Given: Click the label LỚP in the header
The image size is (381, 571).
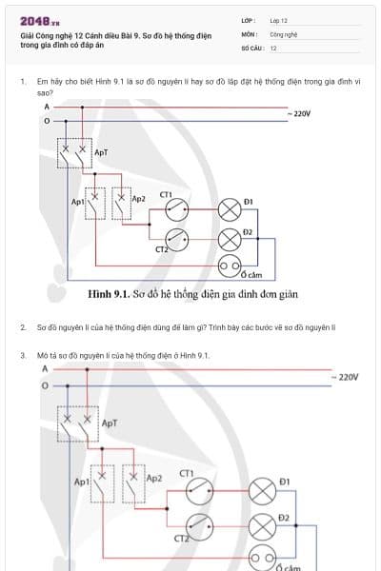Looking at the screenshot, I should tap(247, 19).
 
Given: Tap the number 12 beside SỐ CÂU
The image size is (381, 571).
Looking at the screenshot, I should tap(273, 47).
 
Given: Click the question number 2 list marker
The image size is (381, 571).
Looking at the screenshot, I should tap(22, 326).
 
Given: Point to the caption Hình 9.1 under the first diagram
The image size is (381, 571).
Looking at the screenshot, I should tap(180, 294).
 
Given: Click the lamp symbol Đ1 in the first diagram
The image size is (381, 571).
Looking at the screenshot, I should tap(230, 209).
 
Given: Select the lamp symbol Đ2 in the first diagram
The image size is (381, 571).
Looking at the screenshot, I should tap(230, 238).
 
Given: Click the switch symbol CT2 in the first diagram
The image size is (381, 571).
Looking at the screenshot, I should tap(177, 238).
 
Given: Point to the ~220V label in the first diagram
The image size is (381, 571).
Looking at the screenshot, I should tap(298, 113).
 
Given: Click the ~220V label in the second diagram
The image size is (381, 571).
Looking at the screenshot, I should tap(345, 377).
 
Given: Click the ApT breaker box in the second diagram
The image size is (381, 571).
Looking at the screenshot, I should tap(76, 425).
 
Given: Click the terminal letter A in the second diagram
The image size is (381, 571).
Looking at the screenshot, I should tap(45, 368).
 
